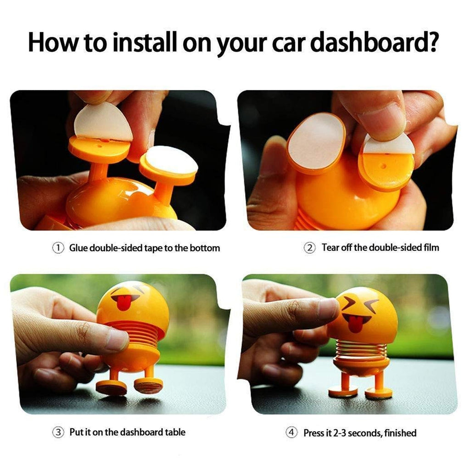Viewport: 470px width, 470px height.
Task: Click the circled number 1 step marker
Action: coord(58,248)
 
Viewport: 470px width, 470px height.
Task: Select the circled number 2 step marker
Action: coord(310,248)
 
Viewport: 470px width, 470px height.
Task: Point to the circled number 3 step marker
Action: coord(58,432)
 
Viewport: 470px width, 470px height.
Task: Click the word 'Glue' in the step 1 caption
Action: coord(78,248)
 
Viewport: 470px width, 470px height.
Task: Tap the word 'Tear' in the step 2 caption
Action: coord(331,247)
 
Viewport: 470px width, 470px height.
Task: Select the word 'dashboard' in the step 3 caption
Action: coord(141,432)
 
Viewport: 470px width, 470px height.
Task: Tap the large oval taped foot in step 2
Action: coord(316,143)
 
